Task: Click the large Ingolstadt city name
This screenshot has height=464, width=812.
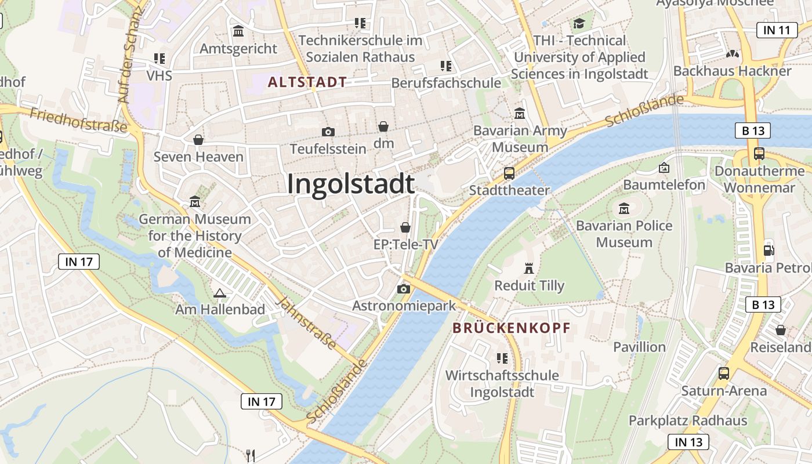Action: (x=351, y=184)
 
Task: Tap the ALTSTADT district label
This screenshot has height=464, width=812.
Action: (x=307, y=82)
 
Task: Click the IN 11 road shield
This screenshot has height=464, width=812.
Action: (x=777, y=31)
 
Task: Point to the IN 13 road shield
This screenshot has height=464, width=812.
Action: (x=688, y=442)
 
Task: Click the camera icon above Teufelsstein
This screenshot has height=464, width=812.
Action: (x=328, y=132)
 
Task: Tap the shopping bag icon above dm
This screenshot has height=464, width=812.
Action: (x=383, y=126)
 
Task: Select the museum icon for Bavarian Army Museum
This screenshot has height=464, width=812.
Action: (x=519, y=113)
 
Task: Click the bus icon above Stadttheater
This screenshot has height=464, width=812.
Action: (x=509, y=173)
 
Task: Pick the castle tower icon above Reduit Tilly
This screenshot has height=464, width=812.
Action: (x=528, y=268)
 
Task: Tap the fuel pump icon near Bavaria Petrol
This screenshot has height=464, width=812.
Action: (x=768, y=250)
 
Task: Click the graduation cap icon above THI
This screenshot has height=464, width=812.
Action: (x=579, y=24)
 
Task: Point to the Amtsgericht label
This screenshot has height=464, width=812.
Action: (x=238, y=49)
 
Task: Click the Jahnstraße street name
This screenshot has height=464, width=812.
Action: (x=306, y=324)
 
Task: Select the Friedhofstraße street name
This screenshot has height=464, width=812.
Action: (x=78, y=119)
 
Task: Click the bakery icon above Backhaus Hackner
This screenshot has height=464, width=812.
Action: (x=733, y=54)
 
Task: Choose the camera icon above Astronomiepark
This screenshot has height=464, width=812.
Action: (x=404, y=289)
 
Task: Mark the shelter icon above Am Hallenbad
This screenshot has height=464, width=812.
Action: (x=219, y=293)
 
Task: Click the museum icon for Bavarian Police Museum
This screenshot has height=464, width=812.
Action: (x=624, y=208)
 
